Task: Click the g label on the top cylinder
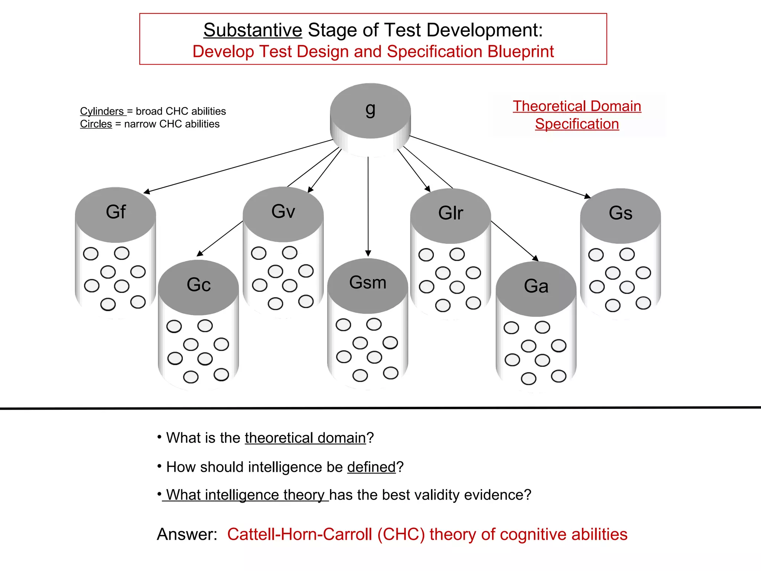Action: [x=370, y=109]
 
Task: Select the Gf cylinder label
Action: [x=116, y=212]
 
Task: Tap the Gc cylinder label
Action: [x=198, y=285]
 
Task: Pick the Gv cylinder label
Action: [x=283, y=211]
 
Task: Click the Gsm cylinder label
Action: [x=367, y=283]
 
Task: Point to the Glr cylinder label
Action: [x=450, y=213]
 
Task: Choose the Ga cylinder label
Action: [x=536, y=286]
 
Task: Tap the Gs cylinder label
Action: [x=620, y=213]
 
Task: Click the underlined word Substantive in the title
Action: [x=253, y=30]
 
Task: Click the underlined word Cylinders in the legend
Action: [x=102, y=111]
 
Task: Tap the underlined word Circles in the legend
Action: [x=96, y=124]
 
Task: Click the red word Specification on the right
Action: [x=577, y=124]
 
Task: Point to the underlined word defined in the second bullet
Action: [x=371, y=467]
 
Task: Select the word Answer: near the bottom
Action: [x=187, y=534]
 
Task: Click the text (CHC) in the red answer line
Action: [x=401, y=534]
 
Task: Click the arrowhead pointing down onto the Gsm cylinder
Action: [x=368, y=254]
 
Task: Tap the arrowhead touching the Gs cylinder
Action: [x=587, y=196]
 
